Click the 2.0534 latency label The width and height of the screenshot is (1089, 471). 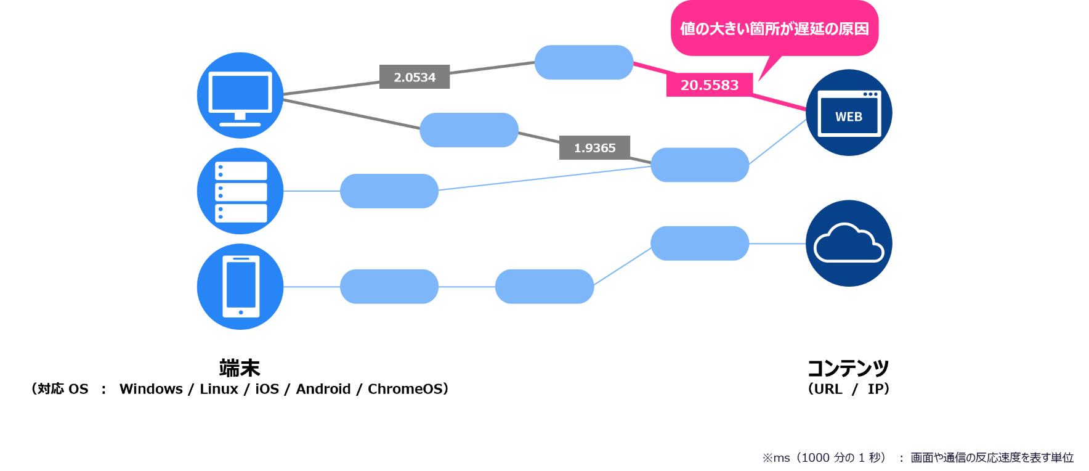pos(415,77)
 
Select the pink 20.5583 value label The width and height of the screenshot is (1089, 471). pos(709,85)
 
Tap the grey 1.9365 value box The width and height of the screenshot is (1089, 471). pos(594,148)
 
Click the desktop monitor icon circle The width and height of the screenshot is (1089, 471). pos(240,96)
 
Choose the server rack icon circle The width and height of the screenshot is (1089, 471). pos(240,191)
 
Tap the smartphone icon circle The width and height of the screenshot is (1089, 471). pos(240,287)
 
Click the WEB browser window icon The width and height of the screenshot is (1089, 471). pos(849,113)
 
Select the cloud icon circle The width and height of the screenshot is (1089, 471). pos(849,244)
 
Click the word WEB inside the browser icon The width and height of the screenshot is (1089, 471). pos(849,117)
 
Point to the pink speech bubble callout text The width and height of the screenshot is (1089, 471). pos(774,29)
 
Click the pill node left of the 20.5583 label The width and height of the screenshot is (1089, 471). pos(583,62)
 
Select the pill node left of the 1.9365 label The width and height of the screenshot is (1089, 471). pos(469,130)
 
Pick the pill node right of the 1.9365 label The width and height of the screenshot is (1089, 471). pos(700,165)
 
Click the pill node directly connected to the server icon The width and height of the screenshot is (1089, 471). pos(389,191)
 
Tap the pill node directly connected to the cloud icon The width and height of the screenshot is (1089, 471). pos(700,243)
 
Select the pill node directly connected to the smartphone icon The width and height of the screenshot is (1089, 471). pos(389,286)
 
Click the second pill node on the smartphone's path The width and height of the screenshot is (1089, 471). pos(544,286)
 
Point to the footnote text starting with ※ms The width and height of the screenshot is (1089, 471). pos(917,457)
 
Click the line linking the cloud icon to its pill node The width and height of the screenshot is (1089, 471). pos(777,244)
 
